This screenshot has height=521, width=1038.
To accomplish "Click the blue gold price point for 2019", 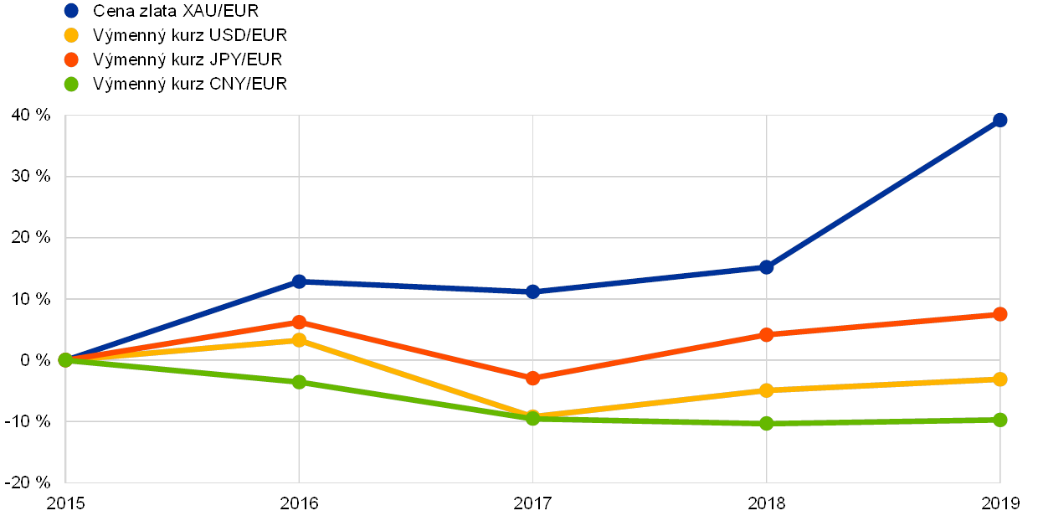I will pyautogui.click(x=999, y=120).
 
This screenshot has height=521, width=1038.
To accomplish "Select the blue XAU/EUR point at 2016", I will pyautogui.click(x=299, y=281).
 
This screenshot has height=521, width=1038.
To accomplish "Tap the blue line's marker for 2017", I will pyautogui.click(x=532, y=291).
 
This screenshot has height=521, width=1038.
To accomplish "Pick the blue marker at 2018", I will pyautogui.click(x=766, y=267).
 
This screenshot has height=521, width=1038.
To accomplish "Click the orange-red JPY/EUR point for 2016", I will pyautogui.click(x=299, y=322).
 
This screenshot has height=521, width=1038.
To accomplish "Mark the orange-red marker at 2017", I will pyautogui.click(x=532, y=378).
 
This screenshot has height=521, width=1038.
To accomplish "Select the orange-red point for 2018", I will pyautogui.click(x=766, y=334).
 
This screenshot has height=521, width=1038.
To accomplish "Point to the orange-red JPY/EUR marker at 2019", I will pyautogui.click(x=999, y=314).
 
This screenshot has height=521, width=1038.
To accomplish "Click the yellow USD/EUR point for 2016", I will pyautogui.click(x=299, y=340).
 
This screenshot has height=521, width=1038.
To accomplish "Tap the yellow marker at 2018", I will pyautogui.click(x=766, y=390).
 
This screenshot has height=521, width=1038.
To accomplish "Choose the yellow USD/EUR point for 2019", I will pyautogui.click(x=999, y=379).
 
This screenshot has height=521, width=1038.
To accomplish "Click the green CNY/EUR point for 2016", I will pyautogui.click(x=299, y=382).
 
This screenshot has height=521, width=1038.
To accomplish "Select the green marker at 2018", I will pyautogui.click(x=766, y=423).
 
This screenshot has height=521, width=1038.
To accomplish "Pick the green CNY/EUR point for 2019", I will pyautogui.click(x=999, y=420).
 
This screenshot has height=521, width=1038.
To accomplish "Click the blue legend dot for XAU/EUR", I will pyautogui.click(x=72, y=11).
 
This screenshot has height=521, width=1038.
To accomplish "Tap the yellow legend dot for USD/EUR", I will pyautogui.click(x=72, y=35).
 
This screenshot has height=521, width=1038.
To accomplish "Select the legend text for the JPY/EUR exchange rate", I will pyautogui.click(x=189, y=59).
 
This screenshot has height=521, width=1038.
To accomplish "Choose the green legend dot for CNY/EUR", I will pyautogui.click(x=72, y=84).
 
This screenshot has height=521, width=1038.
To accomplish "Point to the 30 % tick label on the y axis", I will pyautogui.click(x=31, y=177).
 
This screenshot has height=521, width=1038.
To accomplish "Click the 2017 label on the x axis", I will pyautogui.click(x=532, y=503).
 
